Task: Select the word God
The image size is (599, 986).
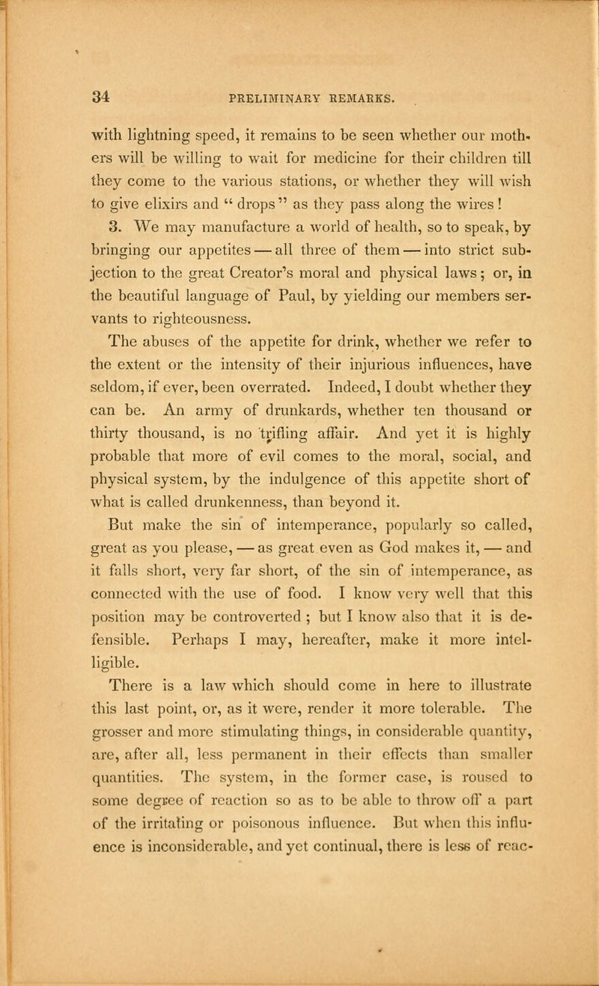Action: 361,522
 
